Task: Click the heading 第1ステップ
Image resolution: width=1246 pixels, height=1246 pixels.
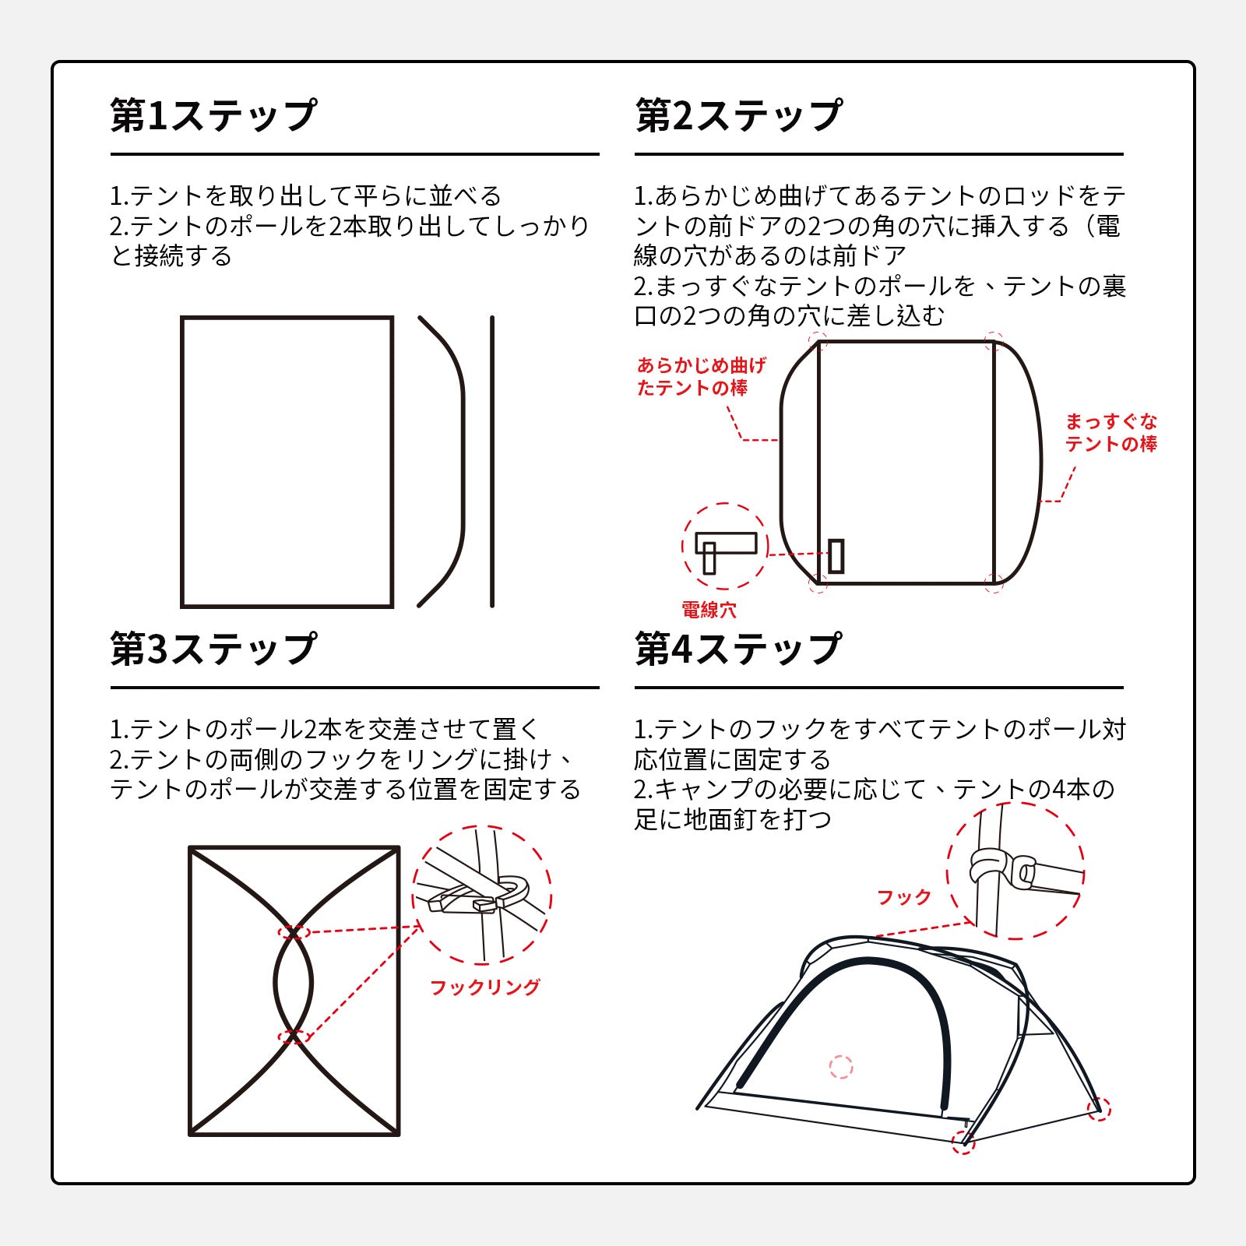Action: pyautogui.click(x=213, y=115)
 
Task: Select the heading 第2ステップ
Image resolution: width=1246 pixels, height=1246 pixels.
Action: pyautogui.click(x=738, y=115)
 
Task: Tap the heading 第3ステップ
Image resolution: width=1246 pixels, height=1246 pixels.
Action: pyautogui.click(x=213, y=649)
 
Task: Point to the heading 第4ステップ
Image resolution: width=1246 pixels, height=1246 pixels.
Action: pyautogui.click(x=738, y=649)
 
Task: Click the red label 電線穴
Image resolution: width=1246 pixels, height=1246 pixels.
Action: pyautogui.click(x=709, y=610)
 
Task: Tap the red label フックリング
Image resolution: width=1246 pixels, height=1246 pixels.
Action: pyautogui.click(x=485, y=987)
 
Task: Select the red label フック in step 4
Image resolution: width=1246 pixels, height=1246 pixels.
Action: pyautogui.click(x=904, y=897)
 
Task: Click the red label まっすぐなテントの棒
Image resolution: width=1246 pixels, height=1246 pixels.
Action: pyautogui.click(x=1111, y=433)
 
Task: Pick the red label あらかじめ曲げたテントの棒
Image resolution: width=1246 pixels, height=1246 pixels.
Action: pyautogui.click(x=702, y=377)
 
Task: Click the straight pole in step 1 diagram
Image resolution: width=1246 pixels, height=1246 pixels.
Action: pyautogui.click(x=492, y=461)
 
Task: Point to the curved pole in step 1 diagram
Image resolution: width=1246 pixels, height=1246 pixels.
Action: pyautogui.click(x=463, y=461)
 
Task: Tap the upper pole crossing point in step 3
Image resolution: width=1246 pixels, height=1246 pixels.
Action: pyautogui.click(x=293, y=932)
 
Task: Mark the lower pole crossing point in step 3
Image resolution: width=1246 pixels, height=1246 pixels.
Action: pyautogui.click(x=293, y=1037)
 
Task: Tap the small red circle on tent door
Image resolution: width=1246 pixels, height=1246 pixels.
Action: pyautogui.click(x=841, y=1066)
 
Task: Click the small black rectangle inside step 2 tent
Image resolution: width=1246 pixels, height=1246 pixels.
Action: pyautogui.click(x=836, y=556)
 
